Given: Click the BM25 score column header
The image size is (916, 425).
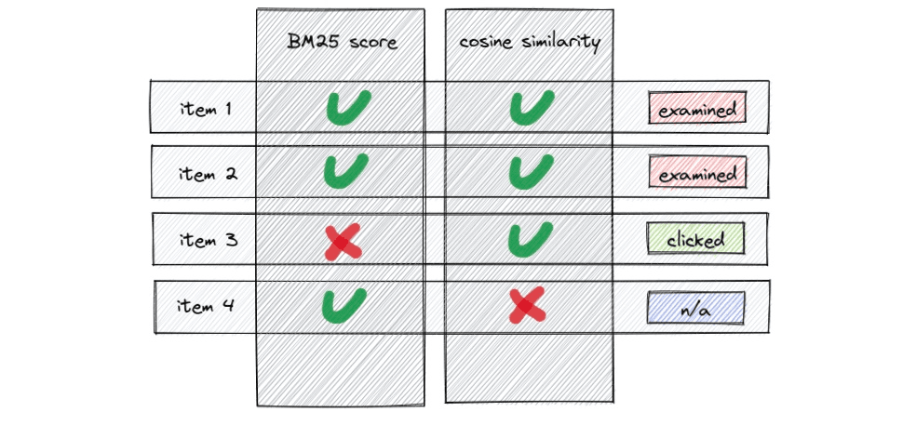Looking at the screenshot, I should tap(342, 43).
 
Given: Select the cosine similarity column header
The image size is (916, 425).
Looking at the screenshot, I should tap(529, 43).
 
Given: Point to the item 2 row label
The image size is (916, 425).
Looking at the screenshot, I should tap(206, 174).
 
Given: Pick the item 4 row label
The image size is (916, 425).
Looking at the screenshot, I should tap(206, 306).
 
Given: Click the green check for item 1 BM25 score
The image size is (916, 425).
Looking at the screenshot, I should tap(346, 109).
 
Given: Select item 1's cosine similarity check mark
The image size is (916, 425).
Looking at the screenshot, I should tap(532, 109).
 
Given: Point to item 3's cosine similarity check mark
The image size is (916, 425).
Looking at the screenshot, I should tap(532, 239).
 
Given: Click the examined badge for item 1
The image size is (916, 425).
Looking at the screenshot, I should tap(697, 111).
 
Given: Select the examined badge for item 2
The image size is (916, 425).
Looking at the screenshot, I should tap(697, 174).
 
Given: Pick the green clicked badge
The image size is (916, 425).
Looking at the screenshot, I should tap(696, 240).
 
